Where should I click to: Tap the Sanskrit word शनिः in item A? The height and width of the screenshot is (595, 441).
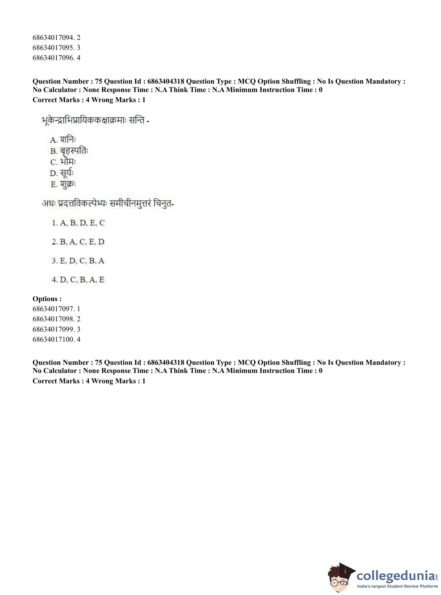click(x=68, y=140)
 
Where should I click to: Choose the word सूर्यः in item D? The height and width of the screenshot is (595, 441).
click(x=67, y=173)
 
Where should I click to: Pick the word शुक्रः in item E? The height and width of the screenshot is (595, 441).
click(x=68, y=185)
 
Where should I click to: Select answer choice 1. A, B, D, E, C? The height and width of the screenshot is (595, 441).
click(x=78, y=223)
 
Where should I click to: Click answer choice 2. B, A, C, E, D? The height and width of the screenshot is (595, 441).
click(x=78, y=242)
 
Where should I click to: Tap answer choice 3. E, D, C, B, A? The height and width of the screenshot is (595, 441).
click(x=78, y=261)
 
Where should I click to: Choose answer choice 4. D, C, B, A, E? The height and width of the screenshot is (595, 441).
click(x=78, y=280)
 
